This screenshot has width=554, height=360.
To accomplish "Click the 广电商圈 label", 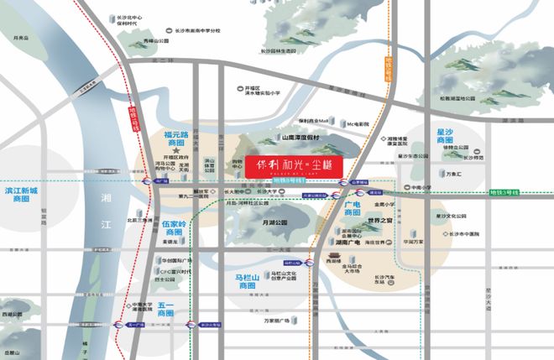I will coord(357,211).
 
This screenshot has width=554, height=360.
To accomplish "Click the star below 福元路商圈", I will coord(176,151).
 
